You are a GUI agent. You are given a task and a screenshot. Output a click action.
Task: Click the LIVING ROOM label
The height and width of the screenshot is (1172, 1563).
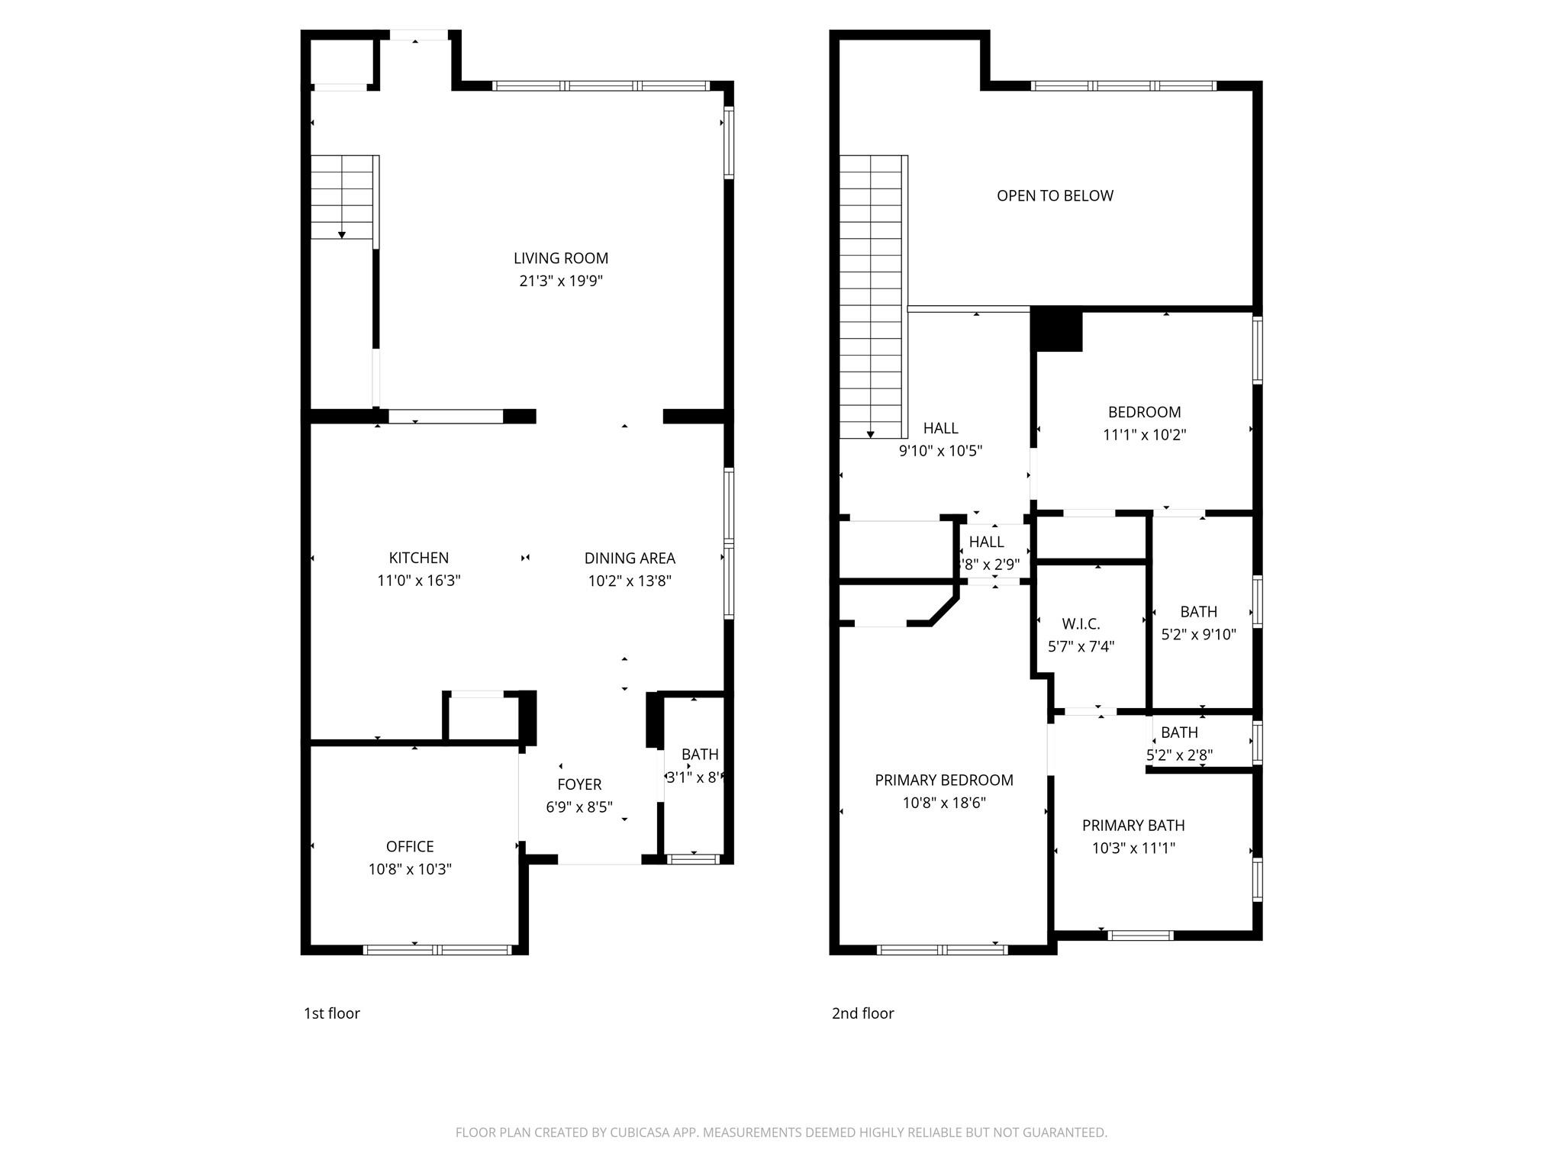pyautogui.click(x=560, y=258)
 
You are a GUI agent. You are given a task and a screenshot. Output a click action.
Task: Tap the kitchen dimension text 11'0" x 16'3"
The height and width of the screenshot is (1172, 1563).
pyautogui.click(x=418, y=581)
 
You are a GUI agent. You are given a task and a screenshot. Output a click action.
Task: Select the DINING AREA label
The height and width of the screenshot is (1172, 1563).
pyautogui.click(x=630, y=558)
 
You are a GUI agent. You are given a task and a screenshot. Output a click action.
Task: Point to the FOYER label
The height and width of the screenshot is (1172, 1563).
pyautogui.click(x=579, y=784)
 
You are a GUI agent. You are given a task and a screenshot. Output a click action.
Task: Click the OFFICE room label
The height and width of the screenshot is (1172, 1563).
pyautogui.click(x=410, y=846)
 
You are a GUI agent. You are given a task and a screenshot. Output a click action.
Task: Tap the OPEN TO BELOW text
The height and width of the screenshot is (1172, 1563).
pyautogui.click(x=1055, y=195)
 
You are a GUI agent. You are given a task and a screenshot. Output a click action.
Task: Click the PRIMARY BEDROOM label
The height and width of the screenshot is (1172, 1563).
pyautogui.click(x=944, y=780)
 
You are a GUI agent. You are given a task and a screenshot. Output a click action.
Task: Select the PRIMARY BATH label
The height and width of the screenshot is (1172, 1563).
pyautogui.click(x=1133, y=825)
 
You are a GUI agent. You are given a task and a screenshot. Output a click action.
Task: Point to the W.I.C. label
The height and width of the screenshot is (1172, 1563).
pyautogui.click(x=1081, y=624)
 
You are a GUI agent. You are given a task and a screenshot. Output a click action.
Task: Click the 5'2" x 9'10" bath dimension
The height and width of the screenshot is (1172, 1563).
pyautogui.click(x=1198, y=634)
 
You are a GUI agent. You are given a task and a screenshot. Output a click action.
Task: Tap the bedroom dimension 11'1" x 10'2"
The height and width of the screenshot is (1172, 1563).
pyautogui.click(x=1144, y=435)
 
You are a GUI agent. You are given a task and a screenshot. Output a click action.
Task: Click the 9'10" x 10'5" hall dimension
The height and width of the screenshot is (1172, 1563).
pyautogui.click(x=940, y=451)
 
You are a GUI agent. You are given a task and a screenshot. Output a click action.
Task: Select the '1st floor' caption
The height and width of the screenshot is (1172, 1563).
pyautogui.click(x=331, y=1013)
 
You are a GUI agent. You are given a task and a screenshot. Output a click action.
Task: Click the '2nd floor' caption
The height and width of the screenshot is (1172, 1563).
pyautogui.click(x=862, y=1013)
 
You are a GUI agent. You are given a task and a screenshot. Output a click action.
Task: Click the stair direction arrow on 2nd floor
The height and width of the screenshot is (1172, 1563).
pyautogui.click(x=871, y=433)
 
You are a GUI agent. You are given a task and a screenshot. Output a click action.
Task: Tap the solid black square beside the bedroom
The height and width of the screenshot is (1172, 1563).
pyautogui.click(x=1057, y=330)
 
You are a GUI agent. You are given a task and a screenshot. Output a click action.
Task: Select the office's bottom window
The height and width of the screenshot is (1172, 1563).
pyautogui.click(x=437, y=950)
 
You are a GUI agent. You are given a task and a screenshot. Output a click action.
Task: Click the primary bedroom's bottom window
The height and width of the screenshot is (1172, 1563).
pyautogui.click(x=943, y=950)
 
